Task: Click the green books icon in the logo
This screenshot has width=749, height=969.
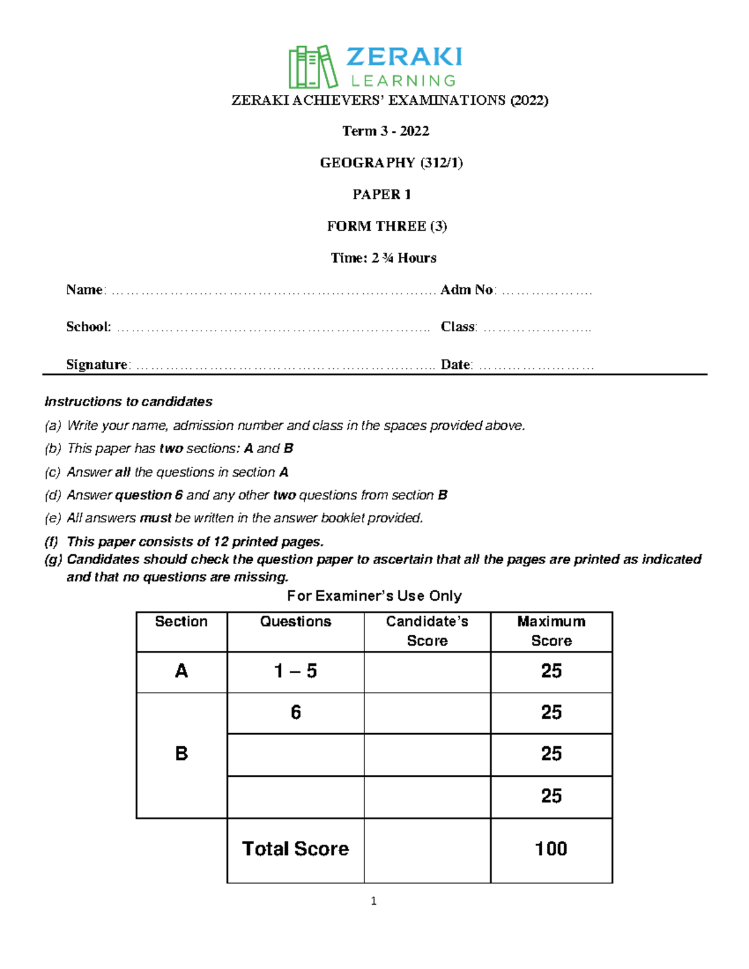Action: (x=312, y=67)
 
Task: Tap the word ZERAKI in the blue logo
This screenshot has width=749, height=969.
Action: (x=404, y=57)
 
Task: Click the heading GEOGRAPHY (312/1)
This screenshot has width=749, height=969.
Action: (x=391, y=163)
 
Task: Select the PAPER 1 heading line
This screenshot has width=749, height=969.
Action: (x=381, y=195)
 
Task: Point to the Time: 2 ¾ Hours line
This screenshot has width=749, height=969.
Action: (x=383, y=258)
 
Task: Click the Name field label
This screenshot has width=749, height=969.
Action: (x=85, y=290)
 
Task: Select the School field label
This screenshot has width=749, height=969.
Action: (x=88, y=327)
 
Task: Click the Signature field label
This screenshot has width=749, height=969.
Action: (x=97, y=365)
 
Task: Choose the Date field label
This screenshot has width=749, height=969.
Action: (x=456, y=365)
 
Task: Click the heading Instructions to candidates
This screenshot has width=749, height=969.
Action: (x=129, y=402)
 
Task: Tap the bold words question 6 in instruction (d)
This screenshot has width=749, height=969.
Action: (x=149, y=495)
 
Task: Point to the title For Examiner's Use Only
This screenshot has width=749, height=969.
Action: (x=374, y=596)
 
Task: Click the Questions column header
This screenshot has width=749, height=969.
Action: (x=295, y=621)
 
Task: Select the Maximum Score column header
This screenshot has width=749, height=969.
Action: (x=551, y=631)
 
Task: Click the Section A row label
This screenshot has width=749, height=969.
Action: (x=181, y=671)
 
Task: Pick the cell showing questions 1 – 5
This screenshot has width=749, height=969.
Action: (x=295, y=671)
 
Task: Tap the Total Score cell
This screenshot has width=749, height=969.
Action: (x=295, y=849)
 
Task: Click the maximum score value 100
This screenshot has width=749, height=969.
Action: (x=551, y=849)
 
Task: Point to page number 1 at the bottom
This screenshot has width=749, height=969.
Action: (x=373, y=901)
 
